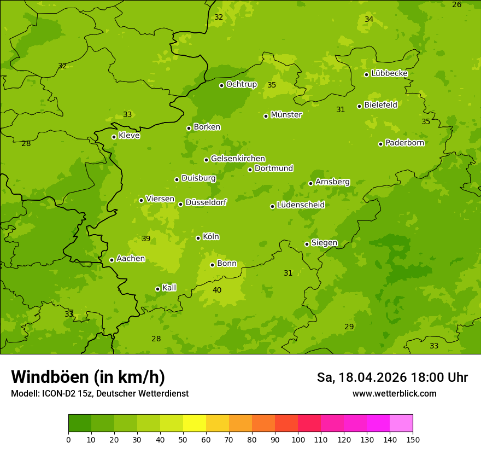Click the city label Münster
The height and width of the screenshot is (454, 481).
286,115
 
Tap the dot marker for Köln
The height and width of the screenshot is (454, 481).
198,238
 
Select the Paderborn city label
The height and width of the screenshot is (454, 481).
404,143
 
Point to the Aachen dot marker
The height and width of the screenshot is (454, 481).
112,260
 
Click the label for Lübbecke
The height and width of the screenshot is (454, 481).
389,73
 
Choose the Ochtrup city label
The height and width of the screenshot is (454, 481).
241,84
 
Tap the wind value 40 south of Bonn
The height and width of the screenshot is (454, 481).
217,290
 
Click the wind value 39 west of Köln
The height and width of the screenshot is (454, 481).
146,238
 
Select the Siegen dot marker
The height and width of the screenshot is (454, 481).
307,244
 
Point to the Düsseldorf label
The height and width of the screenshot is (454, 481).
206,202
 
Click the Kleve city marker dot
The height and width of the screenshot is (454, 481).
114,137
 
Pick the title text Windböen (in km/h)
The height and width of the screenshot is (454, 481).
88,377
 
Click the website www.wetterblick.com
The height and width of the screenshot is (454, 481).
394,393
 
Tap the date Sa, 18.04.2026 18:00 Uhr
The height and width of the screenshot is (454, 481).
392,377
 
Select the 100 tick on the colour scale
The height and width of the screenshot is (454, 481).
298,439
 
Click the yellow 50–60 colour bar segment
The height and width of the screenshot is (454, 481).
195,423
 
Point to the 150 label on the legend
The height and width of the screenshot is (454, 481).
413,439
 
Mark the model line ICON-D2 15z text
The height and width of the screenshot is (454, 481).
99,393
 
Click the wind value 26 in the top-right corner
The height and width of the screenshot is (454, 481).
456,4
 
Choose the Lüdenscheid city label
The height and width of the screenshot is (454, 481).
301,205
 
